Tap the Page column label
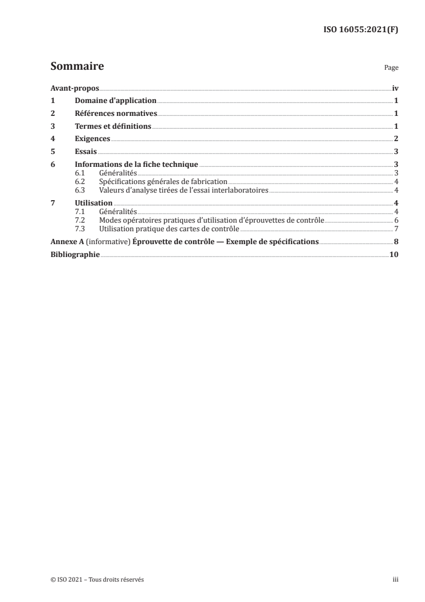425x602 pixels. (x=391, y=68)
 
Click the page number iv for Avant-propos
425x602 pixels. (x=395, y=89)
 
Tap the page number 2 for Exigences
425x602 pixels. (x=396, y=139)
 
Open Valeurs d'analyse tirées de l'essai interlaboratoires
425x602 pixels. (x=183, y=189)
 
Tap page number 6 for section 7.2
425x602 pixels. (x=396, y=220)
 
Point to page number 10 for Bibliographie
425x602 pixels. (x=394, y=255)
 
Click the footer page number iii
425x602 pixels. (x=396, y=579)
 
